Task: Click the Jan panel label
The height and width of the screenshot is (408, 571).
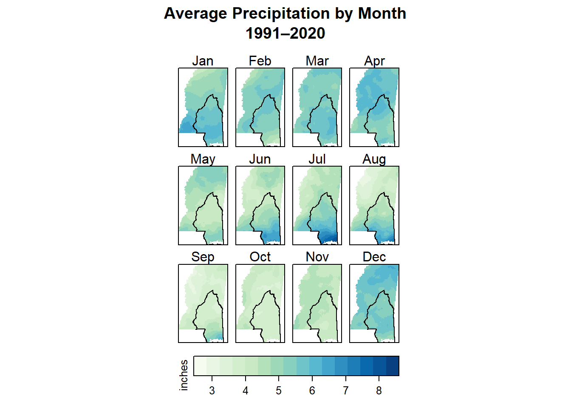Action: pos(203,61)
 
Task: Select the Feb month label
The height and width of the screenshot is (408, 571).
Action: pos(260,61)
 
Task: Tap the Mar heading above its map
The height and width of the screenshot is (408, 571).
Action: pos(317,61)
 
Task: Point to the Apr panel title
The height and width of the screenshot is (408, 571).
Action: pos(374,61)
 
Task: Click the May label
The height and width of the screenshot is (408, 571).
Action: pos(203,159)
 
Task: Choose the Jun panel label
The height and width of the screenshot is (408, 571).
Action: pos(260,159)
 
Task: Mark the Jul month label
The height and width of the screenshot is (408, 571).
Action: pos(317,159)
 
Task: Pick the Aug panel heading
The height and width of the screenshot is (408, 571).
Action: pos(374,159)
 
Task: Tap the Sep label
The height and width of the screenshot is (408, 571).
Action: pos(203,257)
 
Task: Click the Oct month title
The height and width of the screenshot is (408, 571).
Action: pos(260,257)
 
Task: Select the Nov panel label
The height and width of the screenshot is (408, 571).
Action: pos(317,257)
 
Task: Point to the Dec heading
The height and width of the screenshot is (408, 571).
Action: pos(374,257)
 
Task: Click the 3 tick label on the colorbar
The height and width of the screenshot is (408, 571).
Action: pos(212,391)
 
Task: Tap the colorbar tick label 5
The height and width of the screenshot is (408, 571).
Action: pos(279,391)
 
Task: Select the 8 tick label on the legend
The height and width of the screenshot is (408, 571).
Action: pos(379,391)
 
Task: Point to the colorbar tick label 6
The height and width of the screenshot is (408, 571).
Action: pos(312,391)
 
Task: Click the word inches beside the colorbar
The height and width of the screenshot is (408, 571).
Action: pos(184,375)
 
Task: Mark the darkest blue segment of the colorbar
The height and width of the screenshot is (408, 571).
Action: pos(393,366)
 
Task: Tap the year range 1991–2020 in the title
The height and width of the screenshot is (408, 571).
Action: pos(285,33)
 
